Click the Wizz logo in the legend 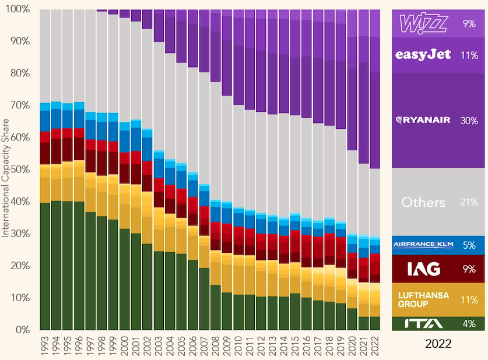point(423,24)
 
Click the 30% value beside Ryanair point(469,121)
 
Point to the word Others point(423,203)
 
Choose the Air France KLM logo point(423,245)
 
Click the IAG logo point(423,269)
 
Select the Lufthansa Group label point(423,299)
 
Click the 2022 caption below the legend point(438,344)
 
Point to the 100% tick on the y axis point(20,10)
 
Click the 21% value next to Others point(469,203)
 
